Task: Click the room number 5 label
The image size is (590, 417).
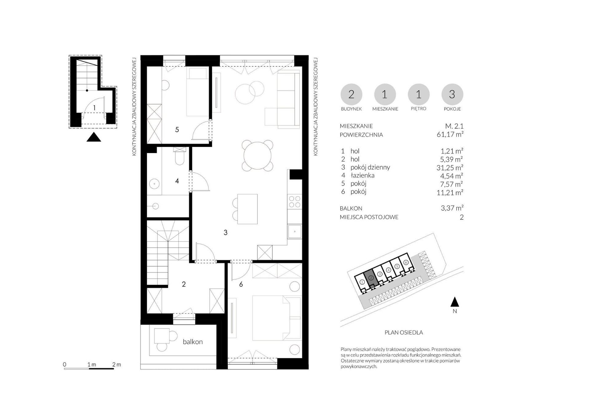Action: point(177,130)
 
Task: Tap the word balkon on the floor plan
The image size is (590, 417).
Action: point(193,342)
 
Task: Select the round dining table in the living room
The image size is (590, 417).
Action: point(258,155)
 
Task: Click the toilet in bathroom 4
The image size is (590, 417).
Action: point(179,156)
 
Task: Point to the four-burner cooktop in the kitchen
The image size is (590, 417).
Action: point(295,202)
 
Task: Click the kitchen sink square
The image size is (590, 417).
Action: point(295,231)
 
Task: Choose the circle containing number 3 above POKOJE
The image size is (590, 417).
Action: point(452,94)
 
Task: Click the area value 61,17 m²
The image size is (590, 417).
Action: point(450,134)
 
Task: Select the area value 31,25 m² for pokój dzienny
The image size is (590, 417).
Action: point(450,167)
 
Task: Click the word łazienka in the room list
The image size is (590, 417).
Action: point(363,175)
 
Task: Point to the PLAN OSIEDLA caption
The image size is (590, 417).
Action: point(404,332)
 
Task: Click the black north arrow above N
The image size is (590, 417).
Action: point(455,302)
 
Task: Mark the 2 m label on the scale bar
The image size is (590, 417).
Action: point(116,364)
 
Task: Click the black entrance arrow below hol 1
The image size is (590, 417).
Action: point(94,137)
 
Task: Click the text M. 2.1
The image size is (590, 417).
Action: point(454,126)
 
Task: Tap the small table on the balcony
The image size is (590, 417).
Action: point(162,336)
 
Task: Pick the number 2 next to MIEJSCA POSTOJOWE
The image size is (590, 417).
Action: point(462,217)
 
